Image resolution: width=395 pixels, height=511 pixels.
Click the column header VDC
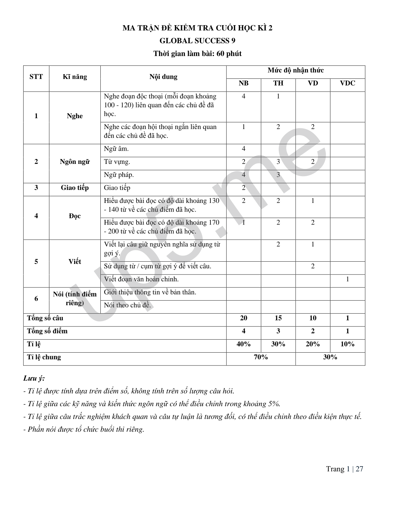(348, 83)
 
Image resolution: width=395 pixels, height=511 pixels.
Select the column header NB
(244, 83)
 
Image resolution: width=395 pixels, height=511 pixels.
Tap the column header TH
(278, 83)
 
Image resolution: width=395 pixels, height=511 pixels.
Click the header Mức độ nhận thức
(296, 70)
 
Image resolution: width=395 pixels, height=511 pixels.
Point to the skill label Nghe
(75, 116)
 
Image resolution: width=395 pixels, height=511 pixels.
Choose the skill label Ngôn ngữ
(75, 162)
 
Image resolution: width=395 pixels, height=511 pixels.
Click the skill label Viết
(75, 262)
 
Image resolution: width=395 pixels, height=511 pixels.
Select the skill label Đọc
(75, 216)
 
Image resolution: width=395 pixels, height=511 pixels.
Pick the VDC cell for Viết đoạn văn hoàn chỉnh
(348, 279)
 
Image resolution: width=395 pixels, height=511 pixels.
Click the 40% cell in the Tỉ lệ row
(244, 344)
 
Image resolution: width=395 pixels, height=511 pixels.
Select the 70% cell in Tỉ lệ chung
(261, 357)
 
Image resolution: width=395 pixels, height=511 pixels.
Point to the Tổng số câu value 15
(278, 318)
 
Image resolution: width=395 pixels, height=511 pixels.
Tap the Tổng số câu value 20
(244, 318)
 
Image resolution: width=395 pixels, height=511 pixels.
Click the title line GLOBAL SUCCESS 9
(197, 41)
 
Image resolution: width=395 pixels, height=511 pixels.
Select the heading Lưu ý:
(34, 378)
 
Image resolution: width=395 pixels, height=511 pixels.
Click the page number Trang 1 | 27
(344, 469)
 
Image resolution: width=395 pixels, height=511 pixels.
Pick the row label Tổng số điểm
(47, 331)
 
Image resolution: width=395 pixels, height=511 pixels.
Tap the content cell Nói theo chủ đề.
(127, 305)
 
